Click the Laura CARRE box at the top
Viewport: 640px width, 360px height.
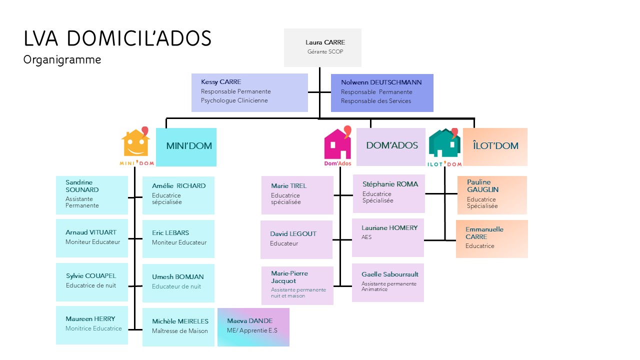[322, 47]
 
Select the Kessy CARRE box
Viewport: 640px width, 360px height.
[249, 92]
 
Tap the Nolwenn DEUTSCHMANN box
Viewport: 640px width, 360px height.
[382, 92]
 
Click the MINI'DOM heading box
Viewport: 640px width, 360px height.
[186, 147]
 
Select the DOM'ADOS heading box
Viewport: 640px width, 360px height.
[390, 146]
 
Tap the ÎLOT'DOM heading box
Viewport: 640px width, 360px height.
[495, 146]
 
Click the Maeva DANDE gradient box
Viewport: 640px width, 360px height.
[253, 327]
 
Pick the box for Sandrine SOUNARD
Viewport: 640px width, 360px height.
[91, 194]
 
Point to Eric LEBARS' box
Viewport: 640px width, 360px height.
[178, 239]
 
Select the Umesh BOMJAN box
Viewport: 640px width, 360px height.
[178, 283]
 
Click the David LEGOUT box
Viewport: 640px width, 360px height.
[296, 239]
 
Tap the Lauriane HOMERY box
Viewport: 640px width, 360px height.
[387, 237]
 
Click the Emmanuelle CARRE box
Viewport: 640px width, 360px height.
[491, 239]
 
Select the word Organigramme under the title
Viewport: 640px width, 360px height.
[62, 60]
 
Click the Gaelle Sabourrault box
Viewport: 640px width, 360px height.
[387, 282]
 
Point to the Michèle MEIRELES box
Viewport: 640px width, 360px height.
[178, 327]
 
